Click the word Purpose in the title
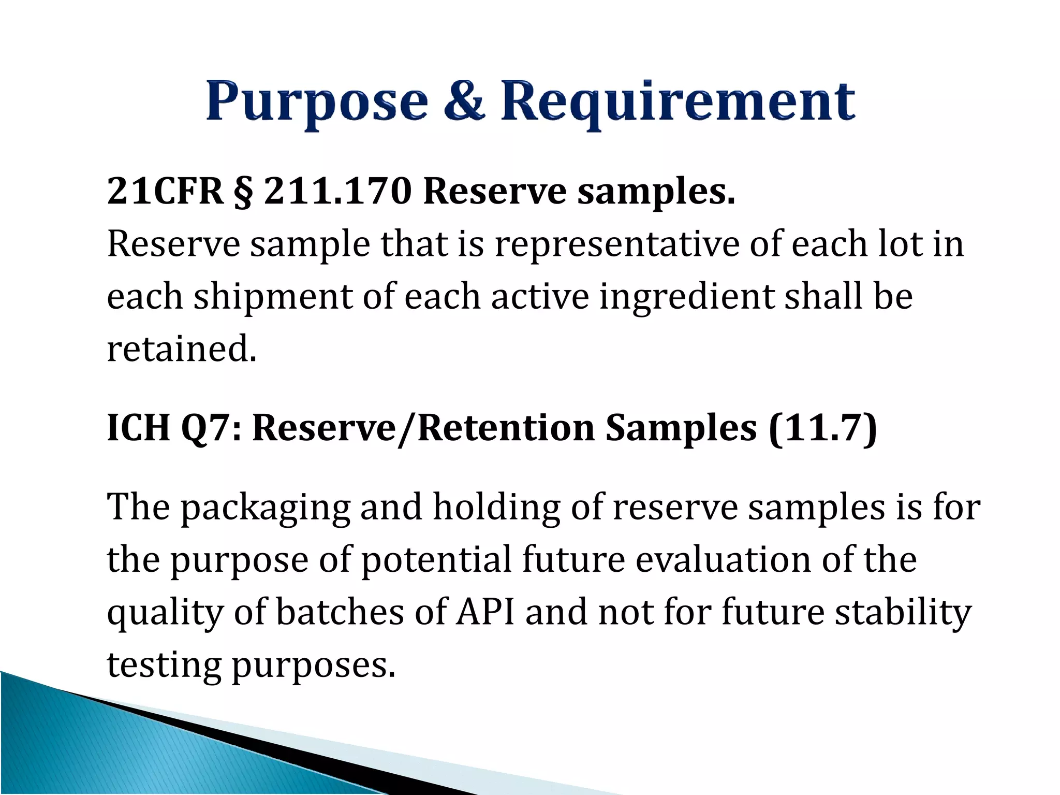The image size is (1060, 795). click(x=317, y=102)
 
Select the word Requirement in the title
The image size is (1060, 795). click(x=678, y=102)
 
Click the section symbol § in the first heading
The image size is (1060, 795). click(x=243, y=192)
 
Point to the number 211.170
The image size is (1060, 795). click(x=338, y=191)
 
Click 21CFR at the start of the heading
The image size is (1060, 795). click(x=165, y=191)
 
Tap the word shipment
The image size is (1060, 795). click(x=273, y=297)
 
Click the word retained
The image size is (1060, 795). click(x=181, y=349)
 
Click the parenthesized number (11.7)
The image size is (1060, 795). click(x=823, y=428)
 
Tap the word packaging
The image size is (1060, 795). click(x=265, y=508)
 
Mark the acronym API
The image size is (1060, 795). click(x=485, y=612)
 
